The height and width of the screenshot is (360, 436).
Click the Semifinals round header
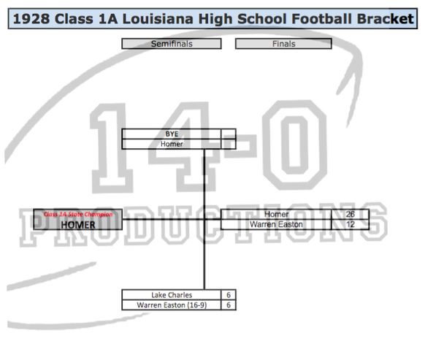click(x=172, y=44)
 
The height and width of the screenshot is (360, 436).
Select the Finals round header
click(x=283, y=44)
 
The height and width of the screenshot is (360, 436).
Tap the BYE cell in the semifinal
click(x=172, y=134)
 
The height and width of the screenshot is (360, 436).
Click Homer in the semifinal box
click(x=172, y=144)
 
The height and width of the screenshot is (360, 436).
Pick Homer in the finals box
click(x=276, y=215)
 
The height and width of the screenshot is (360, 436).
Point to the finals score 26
click(x=350, y=215)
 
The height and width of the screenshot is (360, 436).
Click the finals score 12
click(x=350, y=224)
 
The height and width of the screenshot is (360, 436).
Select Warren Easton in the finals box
click(x=276, y=224)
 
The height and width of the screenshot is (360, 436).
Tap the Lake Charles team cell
click(x=172, y=295)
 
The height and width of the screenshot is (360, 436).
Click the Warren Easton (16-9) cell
click(x=172, y=305)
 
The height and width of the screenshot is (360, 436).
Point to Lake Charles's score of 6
click(x=229, y=295)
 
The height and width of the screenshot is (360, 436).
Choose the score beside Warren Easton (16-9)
click(x=229, y=305)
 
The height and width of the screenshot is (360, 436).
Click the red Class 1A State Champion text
click(x=78, y=215)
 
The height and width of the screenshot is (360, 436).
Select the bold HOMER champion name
click(x=78, y=225)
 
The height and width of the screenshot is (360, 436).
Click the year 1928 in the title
click(x=31, y=19)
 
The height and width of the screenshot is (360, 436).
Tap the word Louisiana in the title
click(x=158, y=19)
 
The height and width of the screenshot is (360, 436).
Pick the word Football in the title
click(x=322, y=19)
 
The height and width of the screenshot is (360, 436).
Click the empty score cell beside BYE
click(x=229, y=134)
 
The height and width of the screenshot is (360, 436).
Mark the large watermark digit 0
click(x=295, y=145)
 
